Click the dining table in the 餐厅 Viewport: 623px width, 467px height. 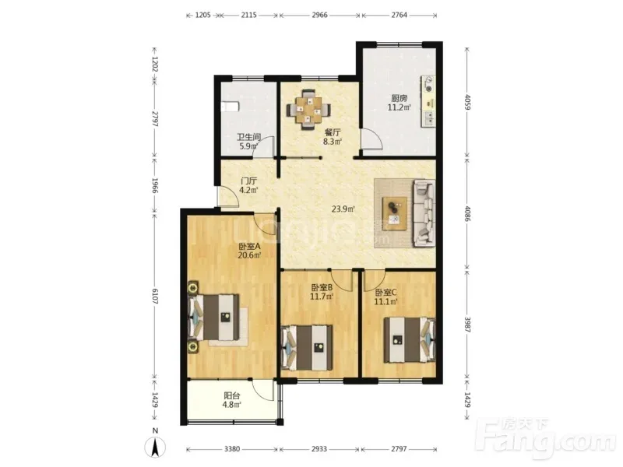pos(308,109)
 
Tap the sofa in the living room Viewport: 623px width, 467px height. pos(424,212)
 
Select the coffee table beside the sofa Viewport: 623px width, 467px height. pos(395,213)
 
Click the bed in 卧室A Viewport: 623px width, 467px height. pos(215,317)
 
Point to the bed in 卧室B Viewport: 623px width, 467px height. pos(307,348)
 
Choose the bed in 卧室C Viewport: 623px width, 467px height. pos(410,339)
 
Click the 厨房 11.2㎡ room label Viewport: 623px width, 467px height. pos(399,102)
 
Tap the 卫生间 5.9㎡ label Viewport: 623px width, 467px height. pos(248,142)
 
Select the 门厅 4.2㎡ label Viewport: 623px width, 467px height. pos(248,185)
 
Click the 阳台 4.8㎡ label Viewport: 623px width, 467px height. pos(232,400)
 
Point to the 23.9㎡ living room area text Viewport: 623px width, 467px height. pos(343,209)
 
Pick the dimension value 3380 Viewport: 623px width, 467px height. pos(232,449)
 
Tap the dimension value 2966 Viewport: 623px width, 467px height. pos(319,15)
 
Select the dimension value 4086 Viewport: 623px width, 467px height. pos(468,213)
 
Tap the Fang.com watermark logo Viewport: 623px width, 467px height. pos(547,437)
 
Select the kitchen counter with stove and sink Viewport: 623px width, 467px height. pos(428,101)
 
